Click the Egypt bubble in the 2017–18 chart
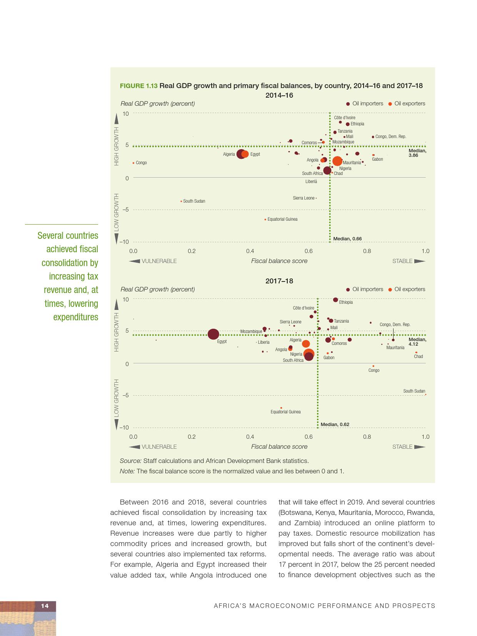[213, 335]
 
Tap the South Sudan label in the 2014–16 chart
[194, 201]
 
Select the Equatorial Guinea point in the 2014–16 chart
[265, 220]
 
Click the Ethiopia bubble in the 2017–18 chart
[335, 300]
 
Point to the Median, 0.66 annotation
[347, 239]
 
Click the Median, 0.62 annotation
[335, 425]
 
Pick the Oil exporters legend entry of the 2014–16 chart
[407, 103]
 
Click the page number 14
[45, 606]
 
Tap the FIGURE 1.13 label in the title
[138, 86]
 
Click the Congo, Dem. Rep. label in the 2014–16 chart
[390, 137]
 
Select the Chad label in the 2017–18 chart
[418, 356]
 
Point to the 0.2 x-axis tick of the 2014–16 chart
[192, 251]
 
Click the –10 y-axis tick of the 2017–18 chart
[124, 428]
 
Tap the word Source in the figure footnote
[130, 461]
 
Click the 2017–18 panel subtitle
[279, 281]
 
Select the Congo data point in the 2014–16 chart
[133, 163]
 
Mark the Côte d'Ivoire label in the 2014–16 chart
[344, 118]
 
